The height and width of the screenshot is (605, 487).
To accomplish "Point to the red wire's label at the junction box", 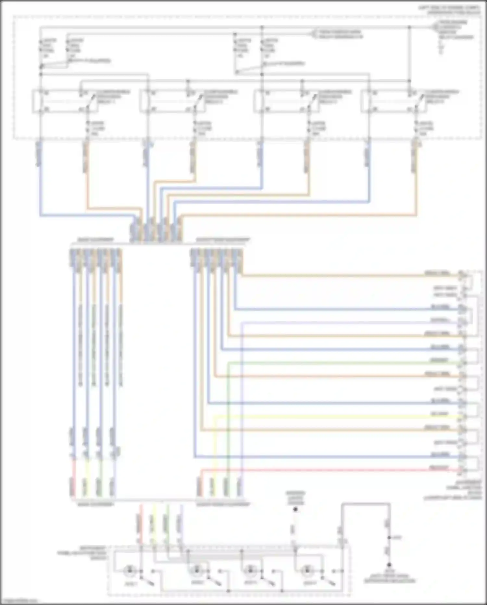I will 439,467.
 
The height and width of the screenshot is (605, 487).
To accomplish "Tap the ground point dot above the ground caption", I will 389,565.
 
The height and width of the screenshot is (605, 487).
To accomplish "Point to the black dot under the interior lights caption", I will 295,509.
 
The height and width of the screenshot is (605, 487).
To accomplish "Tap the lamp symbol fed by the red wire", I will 130,570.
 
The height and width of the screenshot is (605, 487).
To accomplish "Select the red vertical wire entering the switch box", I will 141,523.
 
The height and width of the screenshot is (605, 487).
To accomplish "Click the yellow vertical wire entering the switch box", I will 154,523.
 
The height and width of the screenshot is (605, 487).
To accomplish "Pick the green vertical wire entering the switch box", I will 167,523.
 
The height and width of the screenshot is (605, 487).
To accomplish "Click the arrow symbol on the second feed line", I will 314,33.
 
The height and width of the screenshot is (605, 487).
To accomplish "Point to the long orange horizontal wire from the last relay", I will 292,215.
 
